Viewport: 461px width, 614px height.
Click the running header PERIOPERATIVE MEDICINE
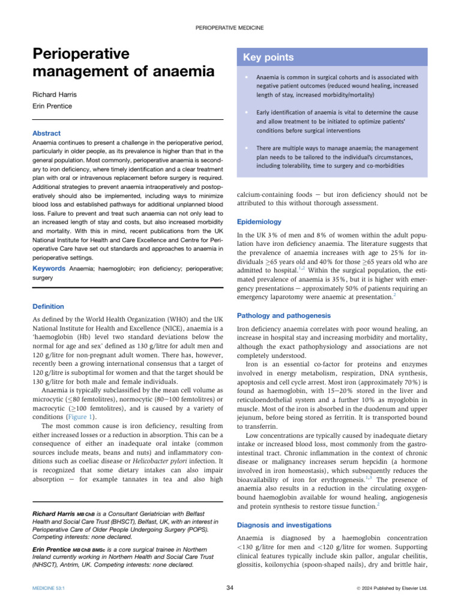click(230, 28)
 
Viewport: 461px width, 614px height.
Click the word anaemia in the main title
click(184, 71)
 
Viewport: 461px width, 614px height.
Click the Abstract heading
click(46, 133)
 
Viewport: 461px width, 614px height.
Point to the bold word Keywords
click(49, 269)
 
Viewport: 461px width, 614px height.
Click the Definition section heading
click(47, 306)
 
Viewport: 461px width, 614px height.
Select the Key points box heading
click(268, 58)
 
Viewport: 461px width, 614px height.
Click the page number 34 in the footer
click(230, 588)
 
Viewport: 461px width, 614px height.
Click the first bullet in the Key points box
click(247, 77)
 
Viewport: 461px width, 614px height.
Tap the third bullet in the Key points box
click(247, 148)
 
